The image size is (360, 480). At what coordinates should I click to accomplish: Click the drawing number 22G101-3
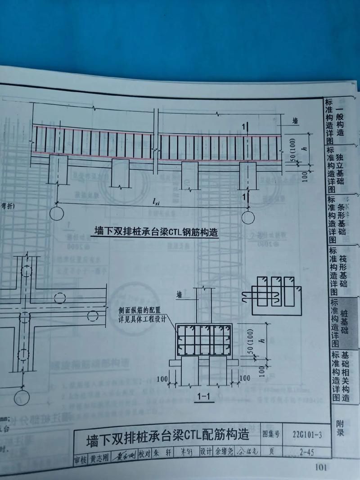[307, 434]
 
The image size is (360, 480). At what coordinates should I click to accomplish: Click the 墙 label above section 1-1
[179, 295]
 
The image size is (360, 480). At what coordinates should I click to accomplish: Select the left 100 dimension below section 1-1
[162, 378]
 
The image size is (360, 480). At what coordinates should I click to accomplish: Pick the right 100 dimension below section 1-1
[245, 378]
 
